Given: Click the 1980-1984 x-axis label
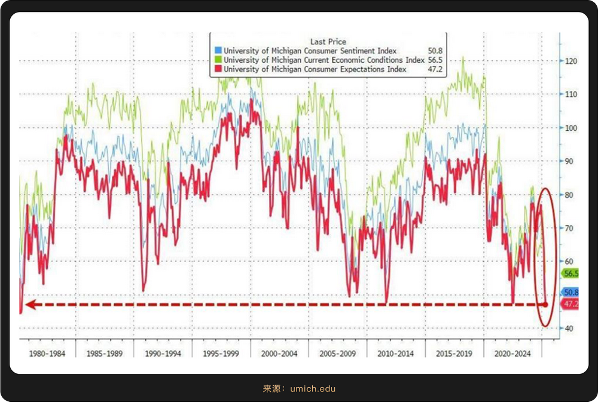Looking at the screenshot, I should pyautogui.click(x=47, y=353).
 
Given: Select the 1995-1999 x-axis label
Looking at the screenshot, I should pyautogui.click(x=221, y=353).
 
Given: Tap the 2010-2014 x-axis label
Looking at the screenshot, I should pyautogui.click(x=395, y=353).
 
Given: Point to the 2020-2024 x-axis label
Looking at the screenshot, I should pyautogui.click(x=512, y=353).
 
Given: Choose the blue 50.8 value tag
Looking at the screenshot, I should pyautogui.click(x=570, y=293).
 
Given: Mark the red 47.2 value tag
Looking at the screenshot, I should pyautogui.click(x=570, y=305).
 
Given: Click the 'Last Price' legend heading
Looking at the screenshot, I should pyautogui.click(x=328, y=42).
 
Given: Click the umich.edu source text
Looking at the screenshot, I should pyautogui.click(x=313, y=389).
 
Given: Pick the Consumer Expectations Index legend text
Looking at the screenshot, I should pyautogui.click(x=315, y=69).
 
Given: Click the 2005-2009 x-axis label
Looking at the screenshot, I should pyautogui.click(x=337, y=353).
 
